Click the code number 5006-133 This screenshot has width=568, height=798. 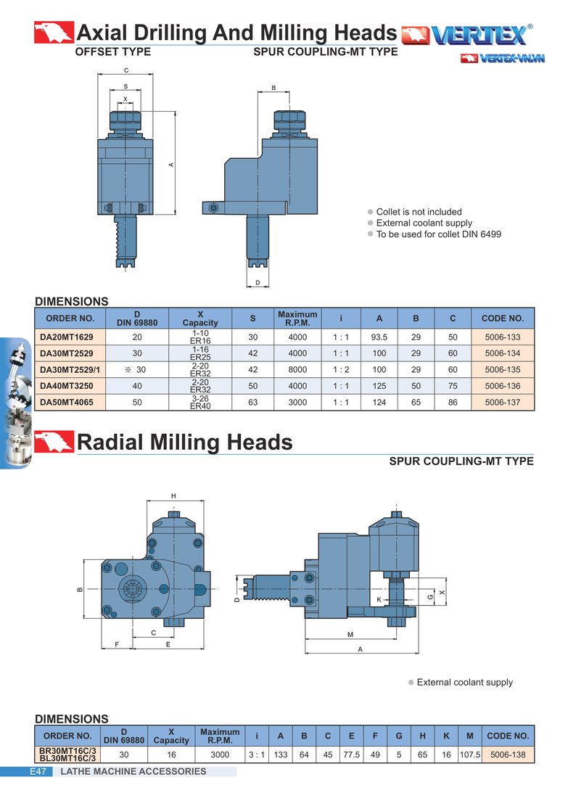(x=502, y=337)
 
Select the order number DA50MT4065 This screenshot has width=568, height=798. (x=67, y=402)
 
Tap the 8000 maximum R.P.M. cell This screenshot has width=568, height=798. (x=297, y=369)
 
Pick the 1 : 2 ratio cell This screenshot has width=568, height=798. (x=341, y=369)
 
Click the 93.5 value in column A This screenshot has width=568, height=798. (x=379, y=337)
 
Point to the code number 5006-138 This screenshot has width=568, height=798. (x=508, y=754)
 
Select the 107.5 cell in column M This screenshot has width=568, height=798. (x=470, y=754)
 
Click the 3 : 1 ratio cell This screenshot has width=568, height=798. (x=257, y=754)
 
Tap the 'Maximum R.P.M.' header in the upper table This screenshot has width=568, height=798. (x=297, y=318)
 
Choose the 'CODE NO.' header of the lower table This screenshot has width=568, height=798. (x=508, y=736)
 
